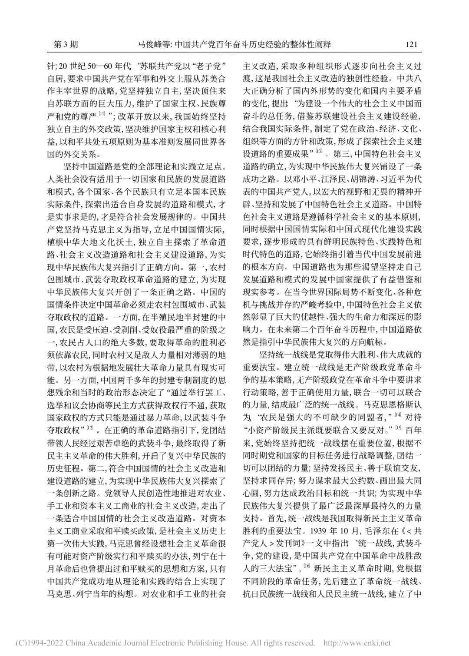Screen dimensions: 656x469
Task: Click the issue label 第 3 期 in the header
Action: tap(65, 44)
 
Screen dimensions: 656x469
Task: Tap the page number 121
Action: tap(411, 44)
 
